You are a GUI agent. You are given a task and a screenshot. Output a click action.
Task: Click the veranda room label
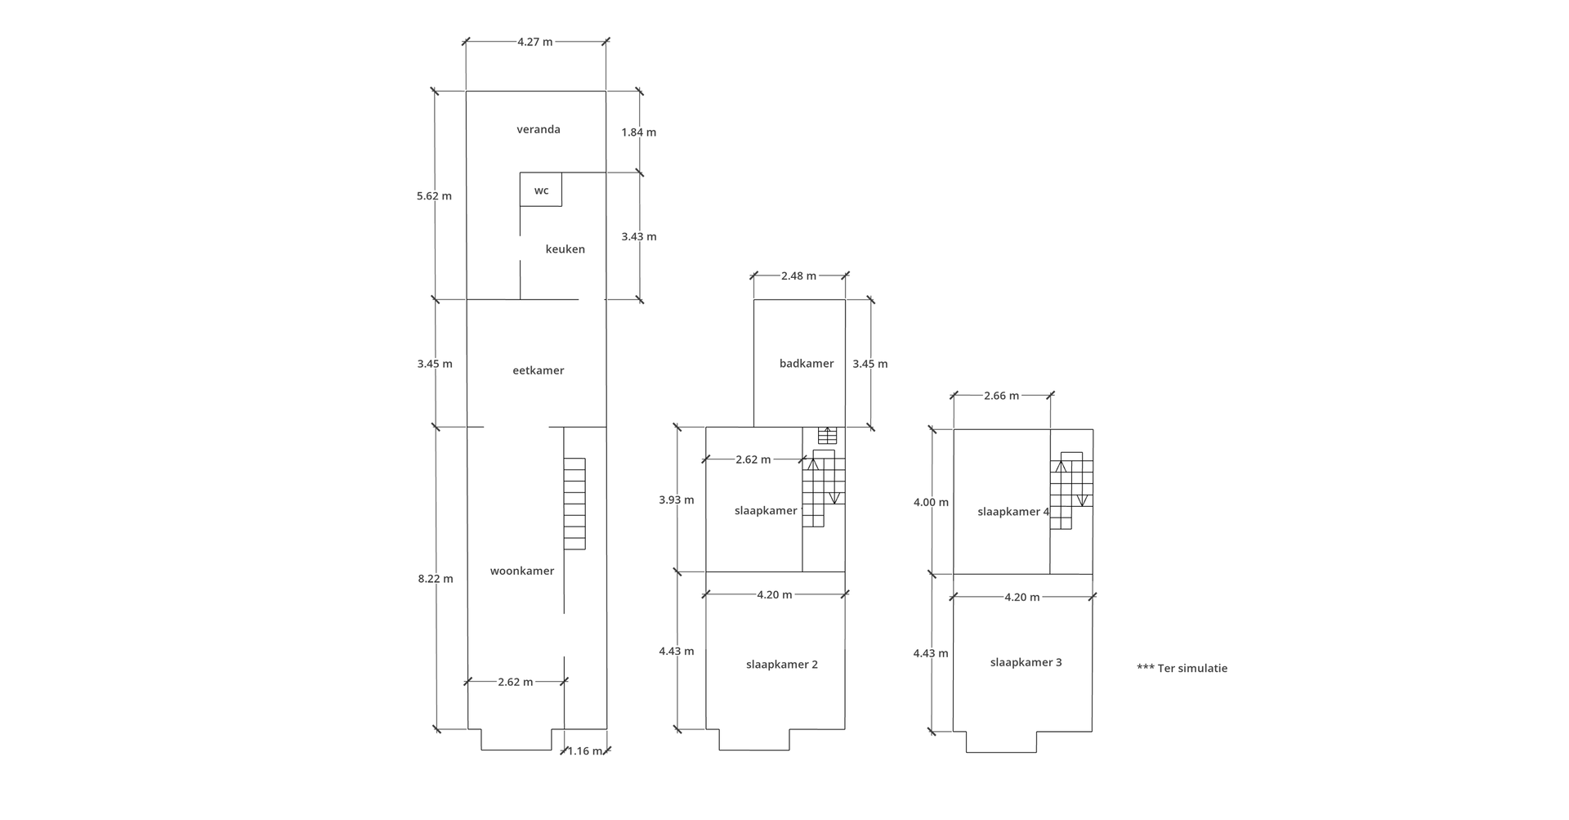[539, 129]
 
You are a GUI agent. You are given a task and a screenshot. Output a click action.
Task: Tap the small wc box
[541, 190]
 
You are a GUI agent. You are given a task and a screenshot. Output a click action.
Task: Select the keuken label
[565, 249]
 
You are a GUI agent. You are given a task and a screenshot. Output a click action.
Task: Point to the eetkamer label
[539, 370]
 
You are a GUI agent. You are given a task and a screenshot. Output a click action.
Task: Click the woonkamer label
[522, 571]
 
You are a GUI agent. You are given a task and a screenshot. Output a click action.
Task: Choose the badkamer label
[807, 364]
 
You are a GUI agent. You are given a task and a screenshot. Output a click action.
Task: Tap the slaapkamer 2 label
[782, 665]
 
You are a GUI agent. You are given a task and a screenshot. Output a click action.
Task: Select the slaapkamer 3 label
[1026, 662]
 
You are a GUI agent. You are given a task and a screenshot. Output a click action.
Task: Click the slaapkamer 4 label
[1014, 512]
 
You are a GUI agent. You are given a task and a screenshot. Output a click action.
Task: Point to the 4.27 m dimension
[535, 42]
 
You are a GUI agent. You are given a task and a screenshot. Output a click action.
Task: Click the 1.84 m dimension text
[639, 132]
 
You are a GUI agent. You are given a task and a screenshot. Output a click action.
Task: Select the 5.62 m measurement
[434, 196]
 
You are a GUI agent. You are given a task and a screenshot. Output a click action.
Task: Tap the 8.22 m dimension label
[436, 579]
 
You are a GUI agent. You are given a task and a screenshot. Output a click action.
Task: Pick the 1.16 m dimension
[585, 751]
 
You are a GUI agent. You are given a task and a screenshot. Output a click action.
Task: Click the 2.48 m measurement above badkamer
[798, 276]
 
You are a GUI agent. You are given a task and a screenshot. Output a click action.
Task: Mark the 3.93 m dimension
[677, 500]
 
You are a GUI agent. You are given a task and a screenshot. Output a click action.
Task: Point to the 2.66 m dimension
[1002, 396]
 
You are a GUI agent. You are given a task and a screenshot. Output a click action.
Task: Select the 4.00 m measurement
[931, 502]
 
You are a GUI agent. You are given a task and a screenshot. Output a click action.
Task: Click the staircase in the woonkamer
[574, 504]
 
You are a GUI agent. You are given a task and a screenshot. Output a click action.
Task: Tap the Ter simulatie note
[1182, 668]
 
